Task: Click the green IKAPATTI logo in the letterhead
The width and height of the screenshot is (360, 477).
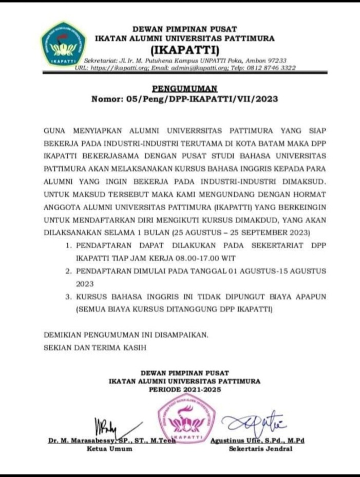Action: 63,44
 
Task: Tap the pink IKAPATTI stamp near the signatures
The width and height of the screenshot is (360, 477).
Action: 186,419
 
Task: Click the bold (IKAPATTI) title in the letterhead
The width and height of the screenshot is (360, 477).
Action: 184,50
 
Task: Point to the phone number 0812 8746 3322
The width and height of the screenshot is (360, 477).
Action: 277,67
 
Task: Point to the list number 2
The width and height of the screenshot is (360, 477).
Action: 68,271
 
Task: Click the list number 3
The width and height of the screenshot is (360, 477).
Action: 68,297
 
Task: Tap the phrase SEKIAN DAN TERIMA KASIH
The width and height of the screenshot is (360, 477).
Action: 95,347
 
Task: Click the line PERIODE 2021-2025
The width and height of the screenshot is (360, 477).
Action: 184,390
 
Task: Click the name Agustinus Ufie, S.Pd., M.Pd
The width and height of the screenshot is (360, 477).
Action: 258,441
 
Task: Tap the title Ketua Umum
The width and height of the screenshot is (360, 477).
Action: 109,448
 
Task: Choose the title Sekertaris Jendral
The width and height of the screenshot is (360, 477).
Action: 260,448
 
